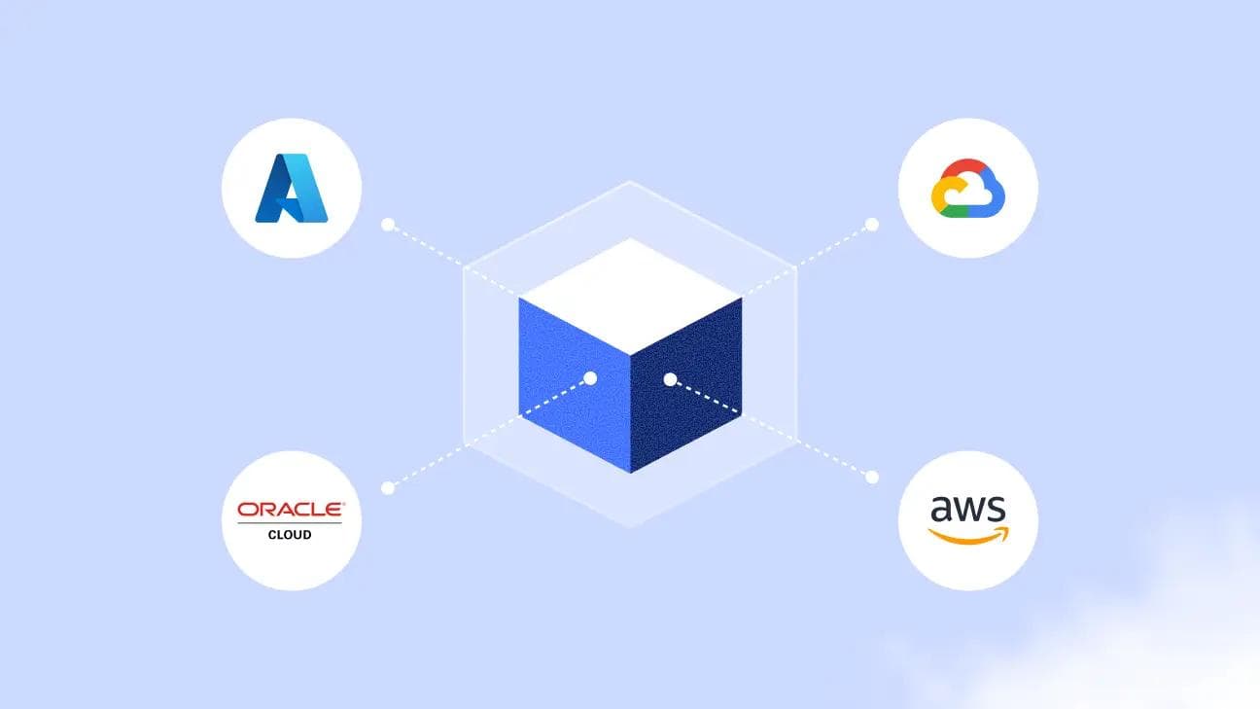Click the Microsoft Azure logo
pos(292,188)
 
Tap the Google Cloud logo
pos(968,188)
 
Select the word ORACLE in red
pos(291,510)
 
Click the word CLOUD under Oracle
pos(290,535)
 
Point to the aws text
pos(968,509)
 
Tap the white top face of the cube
pos(630,297)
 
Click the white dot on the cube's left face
pos(590,378)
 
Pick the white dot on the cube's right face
pos(670,380)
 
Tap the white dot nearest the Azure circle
pos(388,225)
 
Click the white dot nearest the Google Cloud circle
pos(872,225)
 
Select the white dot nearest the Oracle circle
pos(388,488)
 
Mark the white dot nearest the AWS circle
pos(872,478)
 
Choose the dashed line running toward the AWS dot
pos(771,429)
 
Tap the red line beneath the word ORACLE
pos(290,523)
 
